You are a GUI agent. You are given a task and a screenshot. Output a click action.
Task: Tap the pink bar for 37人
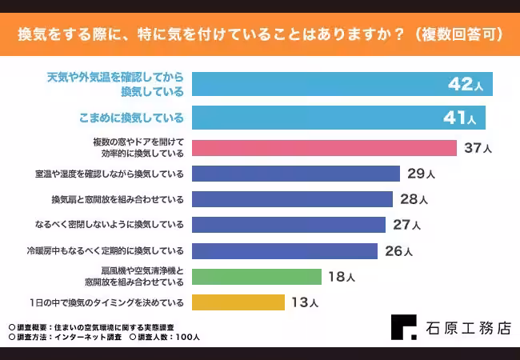[x=324, y=148]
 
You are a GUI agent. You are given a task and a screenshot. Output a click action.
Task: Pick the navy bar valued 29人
[x=296, y=174]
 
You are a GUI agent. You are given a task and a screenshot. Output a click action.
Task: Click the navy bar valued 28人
[x=292, y=199]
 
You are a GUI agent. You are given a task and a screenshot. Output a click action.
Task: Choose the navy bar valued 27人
[x=289, y=225]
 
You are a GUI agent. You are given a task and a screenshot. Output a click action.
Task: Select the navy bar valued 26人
[x=285, y=250]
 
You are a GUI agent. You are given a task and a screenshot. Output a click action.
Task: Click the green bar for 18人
[x=256, y=277]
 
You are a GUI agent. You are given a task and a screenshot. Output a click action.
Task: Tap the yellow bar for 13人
[x=238, y=302]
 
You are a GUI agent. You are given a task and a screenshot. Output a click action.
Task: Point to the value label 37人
[x=477, y=148]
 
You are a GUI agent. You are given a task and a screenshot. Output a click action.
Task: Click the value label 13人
[x=305, y=302]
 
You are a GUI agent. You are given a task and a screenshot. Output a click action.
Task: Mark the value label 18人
[x=341, y=277]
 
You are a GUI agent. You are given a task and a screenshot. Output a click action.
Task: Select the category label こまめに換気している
[x=131, y=118]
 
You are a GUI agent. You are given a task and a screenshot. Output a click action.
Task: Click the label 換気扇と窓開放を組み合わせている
[x=118, y=199]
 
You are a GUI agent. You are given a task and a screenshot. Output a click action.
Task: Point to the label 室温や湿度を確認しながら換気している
[x=110, y=174]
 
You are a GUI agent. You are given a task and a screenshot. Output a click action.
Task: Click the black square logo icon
[x=403, y=328]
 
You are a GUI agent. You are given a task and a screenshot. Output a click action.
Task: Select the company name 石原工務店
[x=467, y=328]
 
